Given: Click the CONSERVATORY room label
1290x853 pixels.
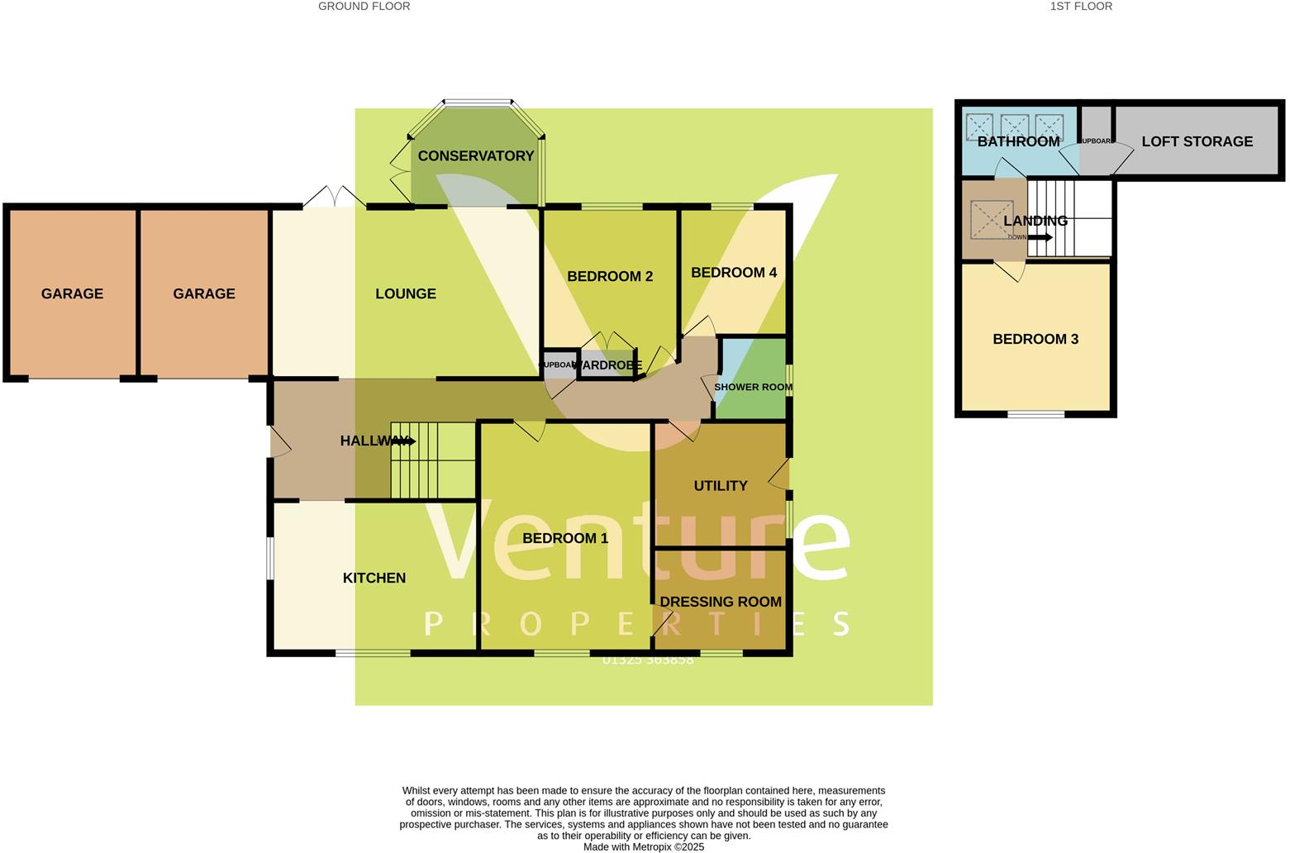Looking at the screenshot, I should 475,155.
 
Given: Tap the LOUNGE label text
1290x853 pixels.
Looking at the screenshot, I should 405,293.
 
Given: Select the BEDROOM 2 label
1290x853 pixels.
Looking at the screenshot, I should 610,276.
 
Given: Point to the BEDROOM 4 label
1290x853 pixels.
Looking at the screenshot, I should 733,272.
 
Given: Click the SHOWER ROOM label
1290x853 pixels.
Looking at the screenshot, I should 753,387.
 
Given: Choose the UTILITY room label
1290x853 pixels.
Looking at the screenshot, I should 720,485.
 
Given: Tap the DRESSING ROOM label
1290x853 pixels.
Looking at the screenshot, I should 720,602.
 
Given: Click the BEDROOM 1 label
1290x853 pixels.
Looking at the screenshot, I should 564,538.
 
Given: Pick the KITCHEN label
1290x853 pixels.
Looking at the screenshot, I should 374,578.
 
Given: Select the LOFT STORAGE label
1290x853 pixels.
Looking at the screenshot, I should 1197,141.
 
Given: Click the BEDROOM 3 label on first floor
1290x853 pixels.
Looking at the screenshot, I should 1035,339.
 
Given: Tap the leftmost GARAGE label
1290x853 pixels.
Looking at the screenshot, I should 72,293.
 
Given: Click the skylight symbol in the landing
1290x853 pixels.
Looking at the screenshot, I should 991,219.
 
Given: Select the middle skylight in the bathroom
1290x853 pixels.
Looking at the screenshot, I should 1014,126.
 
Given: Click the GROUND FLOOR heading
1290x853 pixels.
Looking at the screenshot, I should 364,7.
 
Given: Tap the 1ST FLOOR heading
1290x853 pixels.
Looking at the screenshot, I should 1080,7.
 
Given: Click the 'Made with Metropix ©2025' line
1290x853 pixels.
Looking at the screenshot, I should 643,846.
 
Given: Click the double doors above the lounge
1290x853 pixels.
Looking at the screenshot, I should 335,197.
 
